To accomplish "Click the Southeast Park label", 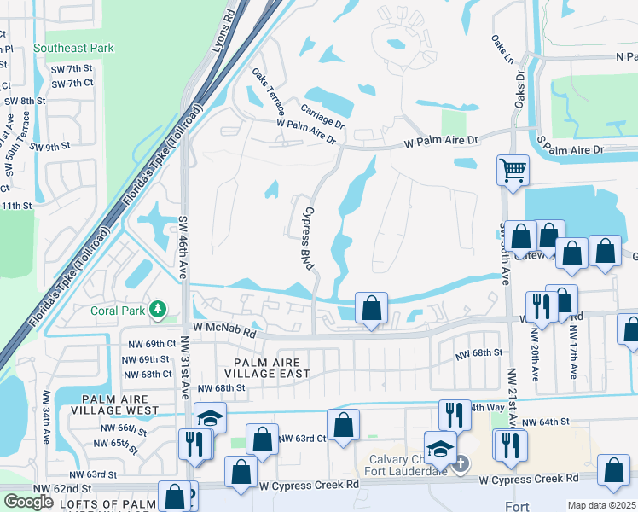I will point(73,49).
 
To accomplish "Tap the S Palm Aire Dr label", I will point(570,149).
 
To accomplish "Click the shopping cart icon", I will point(513,169).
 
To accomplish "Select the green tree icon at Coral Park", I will point(156,309).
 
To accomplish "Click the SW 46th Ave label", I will point(183,247).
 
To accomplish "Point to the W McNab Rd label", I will point(224,327).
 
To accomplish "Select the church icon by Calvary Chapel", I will point(460,464).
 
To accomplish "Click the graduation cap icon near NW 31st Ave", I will point(210,417).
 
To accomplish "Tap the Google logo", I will point(28,502).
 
